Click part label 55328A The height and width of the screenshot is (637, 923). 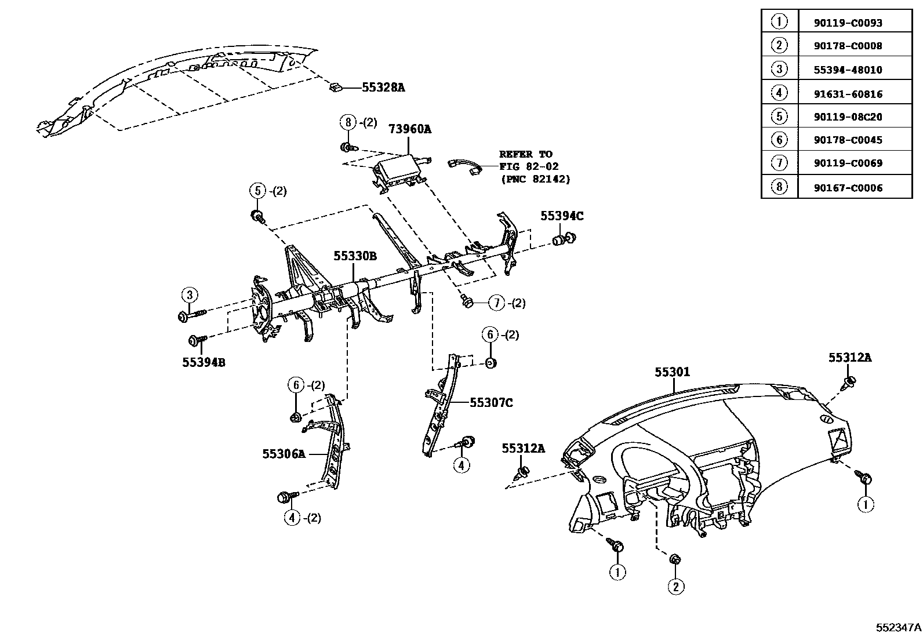click(383, 88)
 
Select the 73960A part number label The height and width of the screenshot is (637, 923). click(410, 129)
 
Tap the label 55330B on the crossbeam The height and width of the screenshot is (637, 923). click(355, 256)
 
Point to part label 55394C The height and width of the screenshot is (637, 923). click(562, 216)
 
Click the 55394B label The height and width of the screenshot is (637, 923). click(204, 362)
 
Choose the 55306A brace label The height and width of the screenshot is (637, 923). click(284, 454)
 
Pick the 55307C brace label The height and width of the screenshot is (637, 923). click(491, 402)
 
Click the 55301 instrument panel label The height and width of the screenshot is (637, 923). click(673, 372)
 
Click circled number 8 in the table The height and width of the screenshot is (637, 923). click(779, 187)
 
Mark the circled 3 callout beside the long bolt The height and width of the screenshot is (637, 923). click(190, 296)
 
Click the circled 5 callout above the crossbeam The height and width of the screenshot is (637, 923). click(258, 191)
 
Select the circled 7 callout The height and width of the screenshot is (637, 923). click(496, 303)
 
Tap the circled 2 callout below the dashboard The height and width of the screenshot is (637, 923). click(675, 587)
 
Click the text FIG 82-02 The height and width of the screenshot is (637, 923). click(529, 166)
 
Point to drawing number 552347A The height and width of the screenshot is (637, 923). click(898, 627)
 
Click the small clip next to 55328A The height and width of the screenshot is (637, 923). click(335, 88)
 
